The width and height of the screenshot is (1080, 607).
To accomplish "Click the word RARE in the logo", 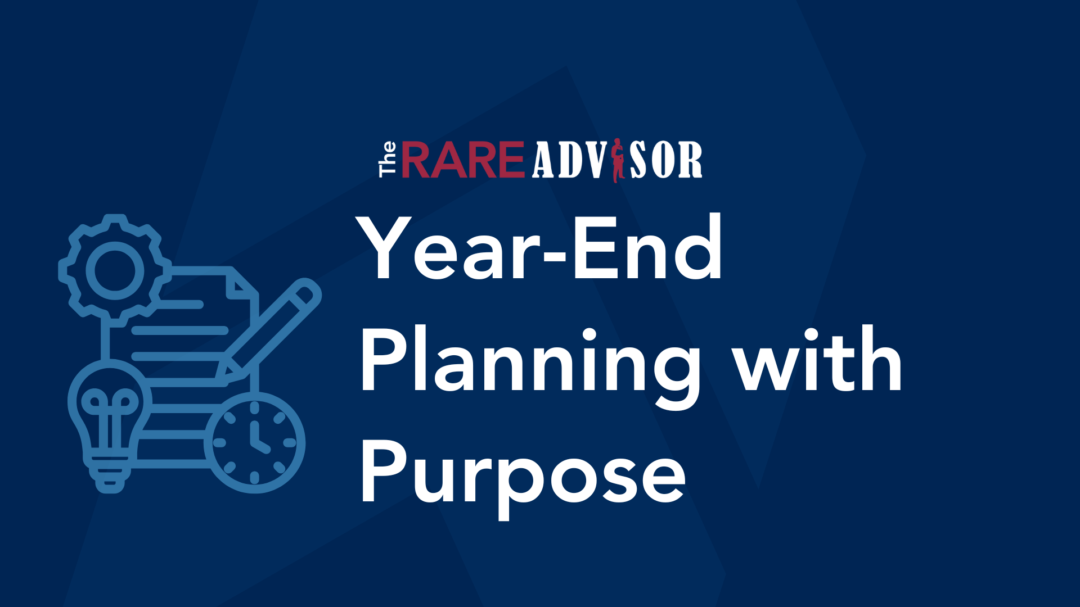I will (x=462, y=160).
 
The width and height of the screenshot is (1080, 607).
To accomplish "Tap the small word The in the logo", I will (x=388, y=160).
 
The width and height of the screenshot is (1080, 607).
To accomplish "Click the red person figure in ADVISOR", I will (x=618, y=160).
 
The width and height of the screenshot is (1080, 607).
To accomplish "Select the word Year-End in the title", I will (x=540, y=248).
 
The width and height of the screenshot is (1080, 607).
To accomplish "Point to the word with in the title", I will (x=818, y=360).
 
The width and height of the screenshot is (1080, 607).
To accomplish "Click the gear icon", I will (x=115, y=270).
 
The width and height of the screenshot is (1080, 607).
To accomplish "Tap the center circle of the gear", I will (x=115, y=270).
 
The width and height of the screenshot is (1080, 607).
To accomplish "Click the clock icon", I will (x=254, y=443).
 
